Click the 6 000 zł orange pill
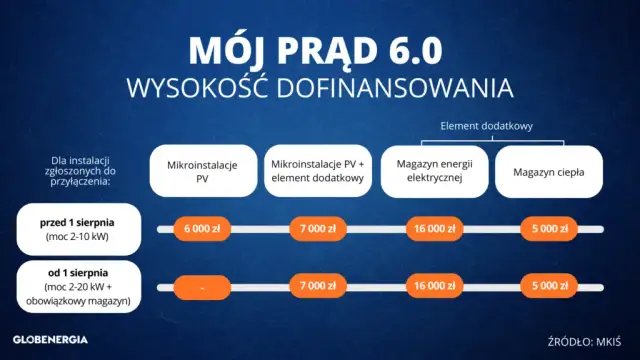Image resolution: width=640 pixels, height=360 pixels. pyautogui.click(x=203, y=229)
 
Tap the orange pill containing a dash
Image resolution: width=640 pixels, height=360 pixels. pyautogui.click(x=203, y=287)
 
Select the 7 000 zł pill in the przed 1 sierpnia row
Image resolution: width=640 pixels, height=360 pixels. pyautogui.click(x=318, y=229)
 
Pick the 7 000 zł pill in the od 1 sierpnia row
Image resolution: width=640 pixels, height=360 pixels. pyautogui.click(x=318, y=287)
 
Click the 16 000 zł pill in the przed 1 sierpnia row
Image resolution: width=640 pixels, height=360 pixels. pyautogui.click(x=434, y=229)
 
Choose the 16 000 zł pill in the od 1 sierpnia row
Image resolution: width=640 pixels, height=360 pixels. pyautogui.click(x=434, y=287)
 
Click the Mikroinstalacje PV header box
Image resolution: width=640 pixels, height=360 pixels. pyautogui.click(x=203, y=171)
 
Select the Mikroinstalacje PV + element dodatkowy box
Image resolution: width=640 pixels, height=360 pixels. pyautogui.click(x=318, y=171)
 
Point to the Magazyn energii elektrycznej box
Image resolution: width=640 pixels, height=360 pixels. pyautogui.click(x=434, y=171)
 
